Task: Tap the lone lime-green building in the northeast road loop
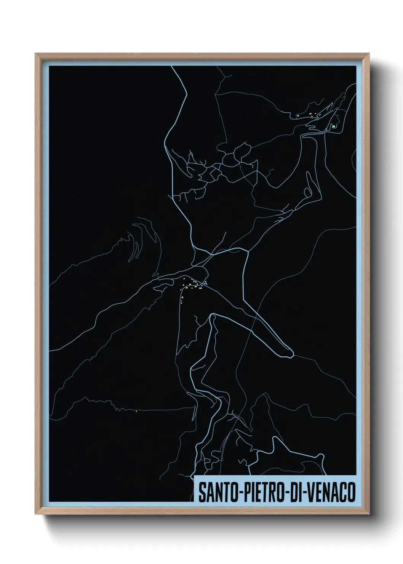click(x=334, y=126)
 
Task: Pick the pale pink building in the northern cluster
click(x=311, y=114)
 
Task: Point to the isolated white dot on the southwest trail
click(x=136, y=411)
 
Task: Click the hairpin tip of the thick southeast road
click(x=291, y=355)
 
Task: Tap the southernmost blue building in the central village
click(x=182, y=303)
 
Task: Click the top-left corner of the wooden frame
click(x=36, y=54)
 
